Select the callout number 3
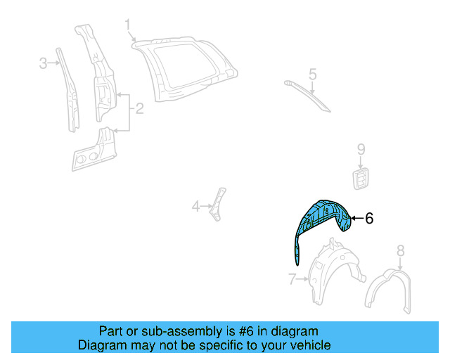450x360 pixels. coord(43,63)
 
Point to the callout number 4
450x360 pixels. coord(195,206)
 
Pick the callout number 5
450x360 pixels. coord(313,73)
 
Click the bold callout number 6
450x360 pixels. coord(369,219)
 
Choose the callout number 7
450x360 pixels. coord(292,279)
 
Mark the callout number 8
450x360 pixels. coord(400,250)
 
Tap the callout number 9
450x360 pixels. coord(361,149)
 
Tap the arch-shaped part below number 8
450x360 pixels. coord(388,288)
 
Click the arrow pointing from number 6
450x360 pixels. coord(357,219)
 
